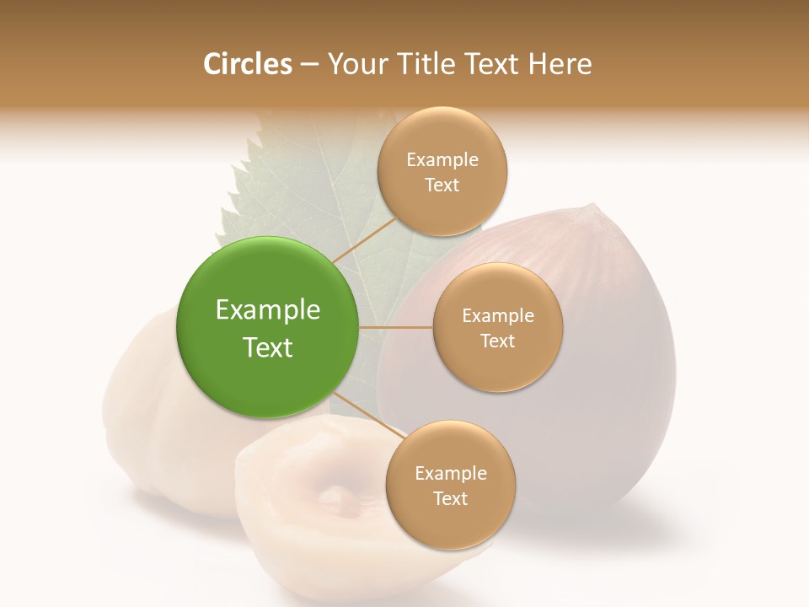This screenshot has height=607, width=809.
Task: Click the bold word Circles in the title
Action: (x=247, y=64)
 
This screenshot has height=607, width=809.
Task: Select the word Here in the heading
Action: (x=560, y=64)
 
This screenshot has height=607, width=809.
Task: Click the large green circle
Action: (x=268, y=327)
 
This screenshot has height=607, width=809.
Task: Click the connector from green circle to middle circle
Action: (x=396, y=327)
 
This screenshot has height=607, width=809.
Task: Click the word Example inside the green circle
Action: (x=268, y=310)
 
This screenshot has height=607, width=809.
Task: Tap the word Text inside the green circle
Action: (x=268, y=347)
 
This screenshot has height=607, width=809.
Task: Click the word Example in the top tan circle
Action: (x=442, y=160)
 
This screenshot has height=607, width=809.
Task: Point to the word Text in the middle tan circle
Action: (x=497, y=341)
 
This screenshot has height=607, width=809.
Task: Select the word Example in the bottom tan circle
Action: (x=450, y=474)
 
